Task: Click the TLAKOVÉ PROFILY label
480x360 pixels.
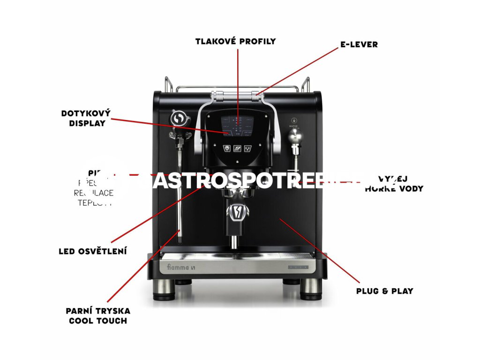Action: (x=235, y=41)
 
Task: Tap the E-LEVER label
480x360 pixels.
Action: (x=359, y=45)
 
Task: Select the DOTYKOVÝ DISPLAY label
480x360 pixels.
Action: (x=86, y=118)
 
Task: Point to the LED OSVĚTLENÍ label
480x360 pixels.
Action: (x=93, y=251)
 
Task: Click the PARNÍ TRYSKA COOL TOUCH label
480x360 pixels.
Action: (x=98, y=315)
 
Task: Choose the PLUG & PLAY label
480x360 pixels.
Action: (x=384, y=291)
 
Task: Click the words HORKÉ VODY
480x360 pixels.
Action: (x=394, y=189)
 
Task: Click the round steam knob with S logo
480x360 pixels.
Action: (x=178, y=119)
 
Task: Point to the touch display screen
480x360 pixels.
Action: (x=237, y=125)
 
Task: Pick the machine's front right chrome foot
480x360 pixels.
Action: (x=310, y=289)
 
